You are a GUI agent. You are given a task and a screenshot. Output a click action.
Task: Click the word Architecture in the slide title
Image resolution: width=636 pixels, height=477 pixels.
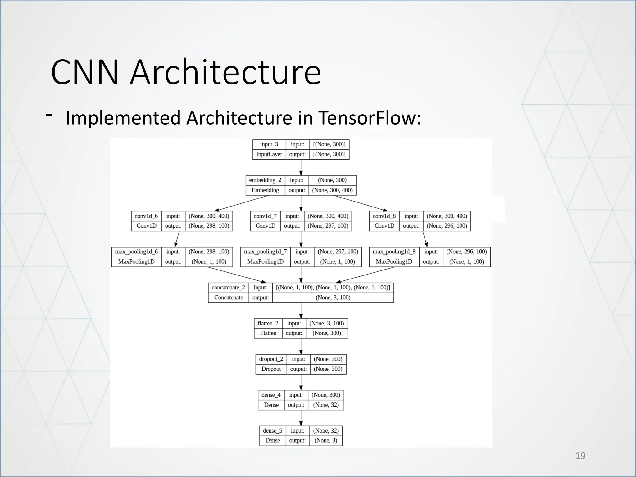point(225,73)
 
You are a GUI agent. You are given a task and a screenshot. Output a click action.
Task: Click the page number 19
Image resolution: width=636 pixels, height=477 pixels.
point(580,456)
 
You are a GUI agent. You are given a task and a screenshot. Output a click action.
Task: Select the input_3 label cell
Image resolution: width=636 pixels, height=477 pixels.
point(269,144)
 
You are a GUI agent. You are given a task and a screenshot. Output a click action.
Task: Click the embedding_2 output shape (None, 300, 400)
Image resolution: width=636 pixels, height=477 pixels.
point(332,190)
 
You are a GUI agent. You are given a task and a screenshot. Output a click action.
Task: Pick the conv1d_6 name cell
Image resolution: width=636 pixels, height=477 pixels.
point(146,216)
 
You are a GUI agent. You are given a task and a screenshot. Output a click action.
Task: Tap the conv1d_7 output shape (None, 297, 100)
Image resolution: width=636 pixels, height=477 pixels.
point(328,226)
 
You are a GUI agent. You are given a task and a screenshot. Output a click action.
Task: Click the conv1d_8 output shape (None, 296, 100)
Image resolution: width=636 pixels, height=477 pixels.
point(447,226)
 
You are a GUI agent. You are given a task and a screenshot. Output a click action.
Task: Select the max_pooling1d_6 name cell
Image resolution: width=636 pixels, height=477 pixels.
point(136,252)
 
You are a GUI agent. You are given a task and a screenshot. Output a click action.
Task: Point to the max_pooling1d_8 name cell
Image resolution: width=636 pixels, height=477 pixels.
point(394,252)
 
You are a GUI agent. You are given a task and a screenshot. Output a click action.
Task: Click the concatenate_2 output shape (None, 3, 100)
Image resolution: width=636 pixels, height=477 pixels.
point(333,298)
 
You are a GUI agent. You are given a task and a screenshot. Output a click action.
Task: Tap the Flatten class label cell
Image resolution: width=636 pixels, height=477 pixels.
point(268,333)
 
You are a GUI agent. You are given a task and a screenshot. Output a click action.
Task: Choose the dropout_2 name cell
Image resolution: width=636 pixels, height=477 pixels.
point(271,359)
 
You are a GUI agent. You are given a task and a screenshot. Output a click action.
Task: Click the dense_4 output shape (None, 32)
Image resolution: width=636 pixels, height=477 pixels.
point(326,405)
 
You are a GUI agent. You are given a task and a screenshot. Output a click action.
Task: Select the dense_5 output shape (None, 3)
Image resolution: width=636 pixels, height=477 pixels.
point(326,441)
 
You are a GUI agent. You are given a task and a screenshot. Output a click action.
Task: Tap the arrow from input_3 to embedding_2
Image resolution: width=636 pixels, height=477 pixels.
point(301,168)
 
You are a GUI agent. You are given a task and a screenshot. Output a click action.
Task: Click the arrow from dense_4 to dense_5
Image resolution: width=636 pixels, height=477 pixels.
point(301,418)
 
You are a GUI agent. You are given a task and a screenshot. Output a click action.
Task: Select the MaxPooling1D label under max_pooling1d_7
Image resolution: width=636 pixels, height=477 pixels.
point(265,262)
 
